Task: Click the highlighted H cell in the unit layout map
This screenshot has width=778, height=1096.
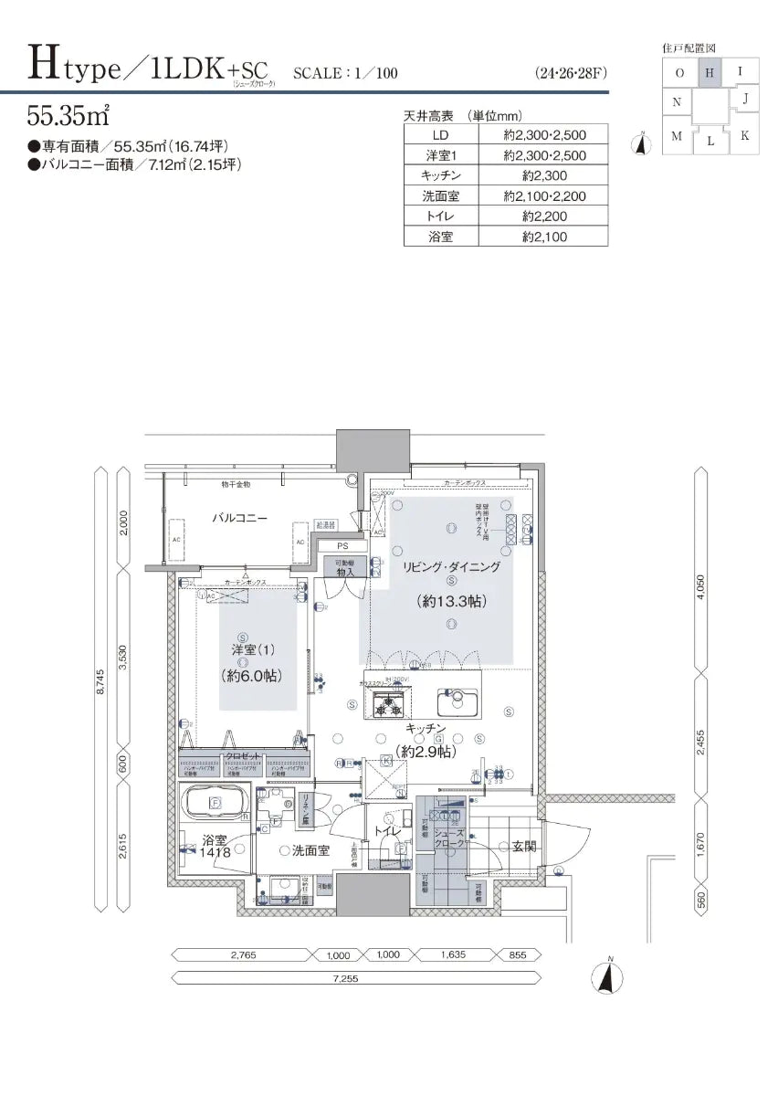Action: click(x=710, y=70)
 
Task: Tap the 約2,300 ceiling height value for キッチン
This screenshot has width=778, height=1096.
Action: click(x=545, y=175)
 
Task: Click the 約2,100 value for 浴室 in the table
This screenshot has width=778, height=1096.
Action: click(x=545, y=237)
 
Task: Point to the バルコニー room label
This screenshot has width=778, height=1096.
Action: click(x=239, y=517)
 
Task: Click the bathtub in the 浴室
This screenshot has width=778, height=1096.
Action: click(x=216, y=804)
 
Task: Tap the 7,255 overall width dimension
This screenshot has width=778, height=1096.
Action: click(x=345, y=978)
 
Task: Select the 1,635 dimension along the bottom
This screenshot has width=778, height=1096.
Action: click(x=452, y=955)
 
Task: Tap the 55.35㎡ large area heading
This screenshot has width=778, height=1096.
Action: click(x=69, y=116)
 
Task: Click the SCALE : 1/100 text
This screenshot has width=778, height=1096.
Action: click(x=346, y=72)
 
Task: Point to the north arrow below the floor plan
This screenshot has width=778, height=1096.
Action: click(x=604, y=975)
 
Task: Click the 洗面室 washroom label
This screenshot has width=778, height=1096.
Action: click(x=310, y=850)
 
